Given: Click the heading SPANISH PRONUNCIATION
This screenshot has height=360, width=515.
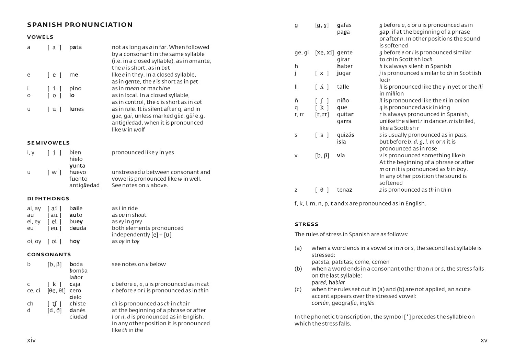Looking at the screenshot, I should [80, 25].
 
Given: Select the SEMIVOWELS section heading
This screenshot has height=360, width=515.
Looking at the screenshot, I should [48, 143].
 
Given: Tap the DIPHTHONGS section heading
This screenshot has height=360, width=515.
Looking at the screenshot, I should [48, 199].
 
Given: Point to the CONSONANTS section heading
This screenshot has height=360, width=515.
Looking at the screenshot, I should [49, 255].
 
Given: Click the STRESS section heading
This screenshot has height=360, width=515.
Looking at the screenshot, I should [307, 224].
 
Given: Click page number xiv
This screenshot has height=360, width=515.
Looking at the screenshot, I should [31, 340].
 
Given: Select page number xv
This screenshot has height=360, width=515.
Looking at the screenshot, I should [484, 340].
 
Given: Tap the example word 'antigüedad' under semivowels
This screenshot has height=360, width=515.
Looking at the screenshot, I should [84, 185].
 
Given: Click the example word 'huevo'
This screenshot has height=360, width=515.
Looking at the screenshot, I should [78, 172].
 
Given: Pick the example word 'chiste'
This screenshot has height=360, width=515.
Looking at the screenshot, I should [78, 304].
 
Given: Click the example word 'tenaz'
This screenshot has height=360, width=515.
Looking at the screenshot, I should [344, 190].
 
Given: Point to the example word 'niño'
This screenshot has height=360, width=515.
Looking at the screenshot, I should [343, 101].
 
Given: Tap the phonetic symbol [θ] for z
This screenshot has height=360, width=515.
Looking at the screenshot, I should [322, 190].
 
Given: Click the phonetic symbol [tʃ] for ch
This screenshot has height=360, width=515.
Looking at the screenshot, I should [54, 304].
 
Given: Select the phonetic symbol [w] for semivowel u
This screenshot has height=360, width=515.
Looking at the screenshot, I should [54, 172].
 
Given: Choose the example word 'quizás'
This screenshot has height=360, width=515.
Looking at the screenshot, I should [345, 135].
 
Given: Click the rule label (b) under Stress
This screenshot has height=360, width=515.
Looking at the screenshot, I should [298, 269].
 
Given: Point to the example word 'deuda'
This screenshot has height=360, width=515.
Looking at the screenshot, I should [78, 228].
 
